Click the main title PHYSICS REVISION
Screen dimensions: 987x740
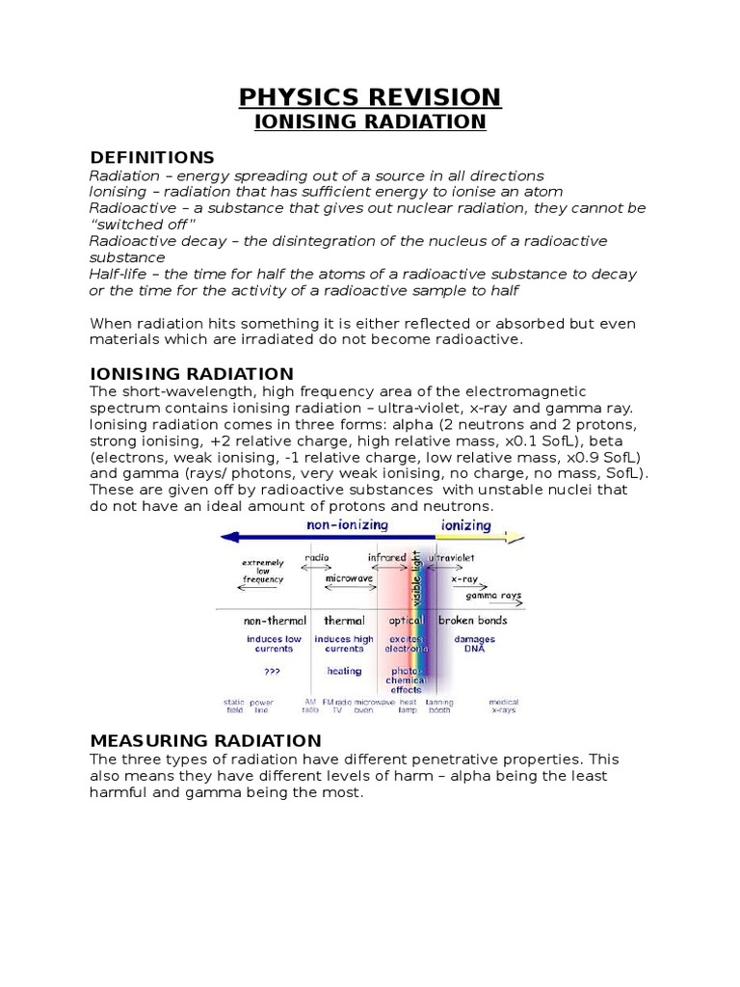[370, 96]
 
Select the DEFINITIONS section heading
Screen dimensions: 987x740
[152, 157]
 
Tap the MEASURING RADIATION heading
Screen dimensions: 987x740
[205, 740]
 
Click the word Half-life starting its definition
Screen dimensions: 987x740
[118, 275]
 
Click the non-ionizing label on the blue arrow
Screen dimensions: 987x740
[347, 525]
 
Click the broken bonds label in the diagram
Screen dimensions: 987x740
[473, 621]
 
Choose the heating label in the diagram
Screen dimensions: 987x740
[344, 671]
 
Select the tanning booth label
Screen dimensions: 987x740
[438, 706]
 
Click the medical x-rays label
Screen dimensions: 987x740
[503, 706]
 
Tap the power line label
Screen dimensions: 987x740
[262, 706]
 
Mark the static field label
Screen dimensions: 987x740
[234, 706]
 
